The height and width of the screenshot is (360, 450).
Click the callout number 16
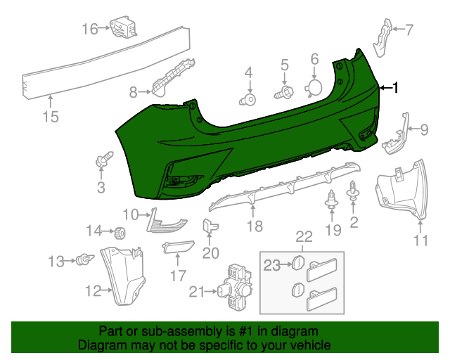[90, 29]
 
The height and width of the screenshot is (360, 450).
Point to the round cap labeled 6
[314, 87]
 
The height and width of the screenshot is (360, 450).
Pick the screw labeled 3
[101, 163]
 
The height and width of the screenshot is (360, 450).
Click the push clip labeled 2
[353, 196]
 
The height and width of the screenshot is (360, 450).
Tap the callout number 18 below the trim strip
[255, 226]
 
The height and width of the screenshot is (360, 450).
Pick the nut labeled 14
[120, 231]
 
